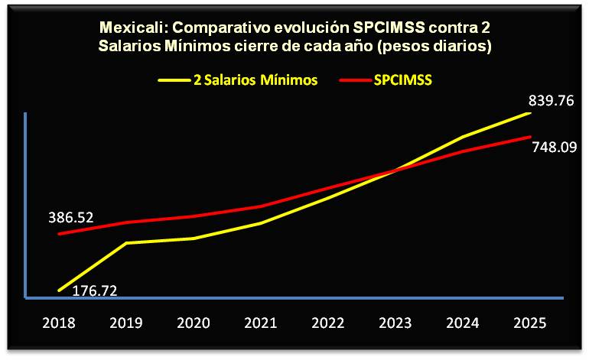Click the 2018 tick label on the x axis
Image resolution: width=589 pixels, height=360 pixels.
pyautogui.click(x=59, y=323)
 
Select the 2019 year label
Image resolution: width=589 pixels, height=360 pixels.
pyautogui.click(x=126, y=323)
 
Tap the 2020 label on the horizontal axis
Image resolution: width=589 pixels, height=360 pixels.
pyautogui.click(x=194, y=323)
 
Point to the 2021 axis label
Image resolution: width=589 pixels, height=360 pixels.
pyautogui.click(x=261, y=323)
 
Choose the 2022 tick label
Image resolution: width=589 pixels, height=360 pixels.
pyautogui.click(x=328, y=323)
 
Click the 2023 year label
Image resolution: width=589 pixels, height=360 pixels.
pyautogui.click(x=395, y=323)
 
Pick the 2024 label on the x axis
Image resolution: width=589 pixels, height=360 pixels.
pyautogui.click(x=463, y=323)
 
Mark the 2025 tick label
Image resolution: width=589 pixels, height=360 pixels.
pyautogui.click(x=530, y=323)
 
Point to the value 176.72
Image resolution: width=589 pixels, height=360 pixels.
pyautogui.click(x=100, y=290)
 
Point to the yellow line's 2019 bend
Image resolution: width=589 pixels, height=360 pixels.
pyautogui.click(x=127, y=243)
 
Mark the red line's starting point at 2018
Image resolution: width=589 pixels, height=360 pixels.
pyautogui.click(x=60, y=234)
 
